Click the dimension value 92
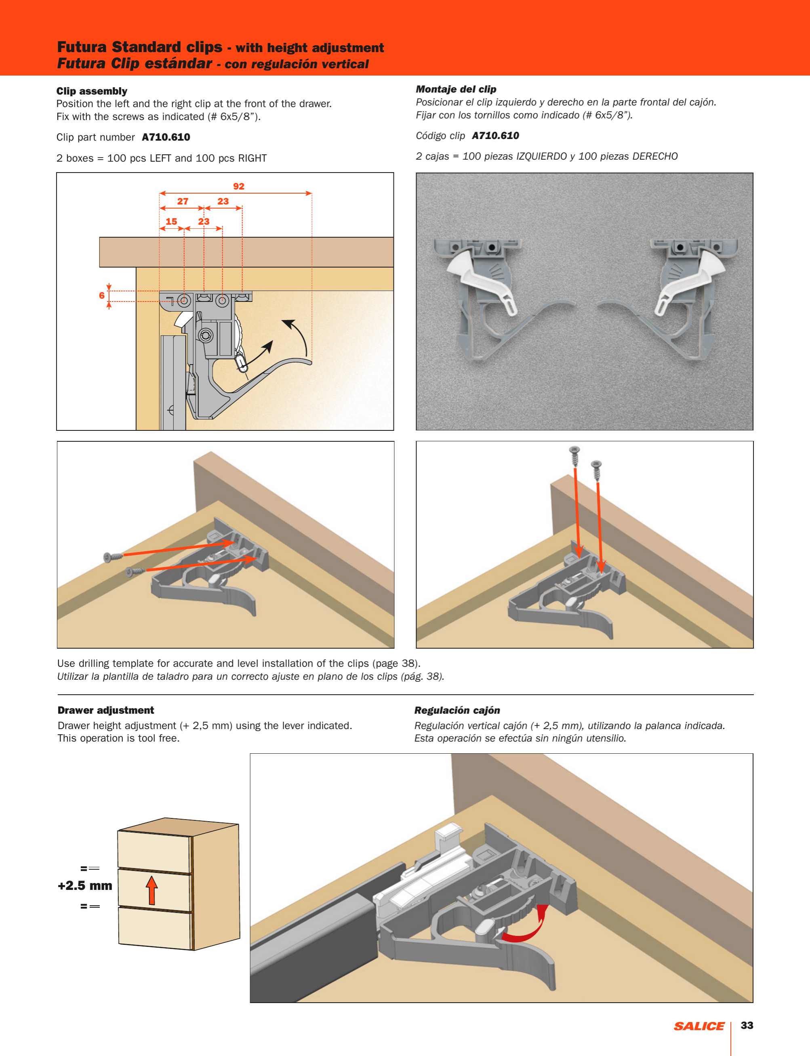click(239, 186)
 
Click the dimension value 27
click(183, 201)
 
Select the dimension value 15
click(171, 221)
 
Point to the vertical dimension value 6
click(102, 295)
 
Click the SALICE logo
click(698, 1026)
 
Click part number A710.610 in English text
click(166, 137)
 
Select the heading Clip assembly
click(92, 91)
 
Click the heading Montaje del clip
click(456, 89)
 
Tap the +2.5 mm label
click(85, 885)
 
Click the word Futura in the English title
click(82, 47)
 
